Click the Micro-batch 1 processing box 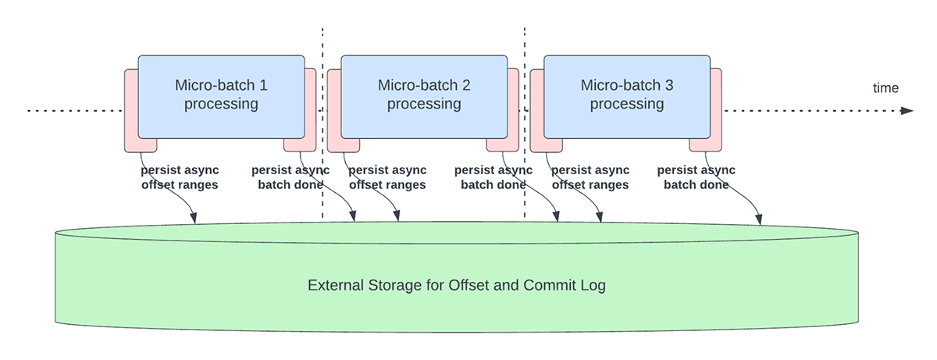(x=221, y=95)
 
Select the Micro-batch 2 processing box (x=424, y=95)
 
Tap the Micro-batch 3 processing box (x=627, y=95)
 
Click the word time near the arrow (x=885, y=88)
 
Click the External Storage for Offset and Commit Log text (x=457, y=285)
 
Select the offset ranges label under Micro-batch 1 (x=179, y=178)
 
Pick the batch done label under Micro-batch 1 (x=290, y=178)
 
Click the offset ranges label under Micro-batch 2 (x=387, y=178)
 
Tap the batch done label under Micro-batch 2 (x=493, y=178)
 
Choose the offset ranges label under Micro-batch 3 (x=590, y=178)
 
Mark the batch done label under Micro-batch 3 (x=697, y=178)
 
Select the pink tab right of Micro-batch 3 (x=715, y=109)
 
